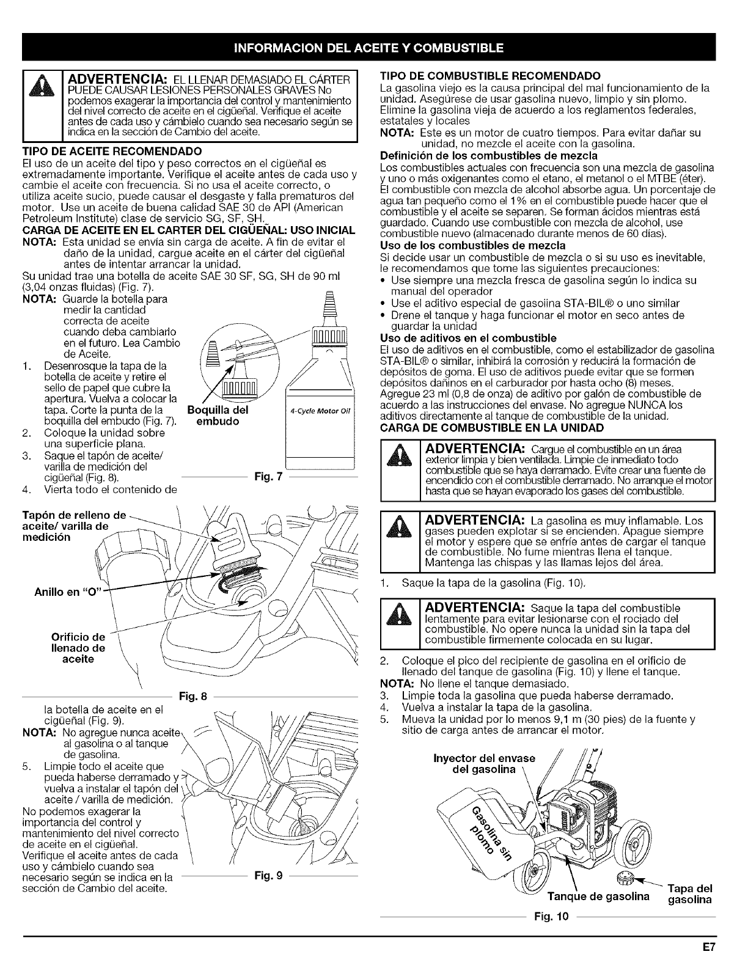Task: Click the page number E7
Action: pos(708,946)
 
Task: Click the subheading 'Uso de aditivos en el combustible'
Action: pos(468,338)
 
